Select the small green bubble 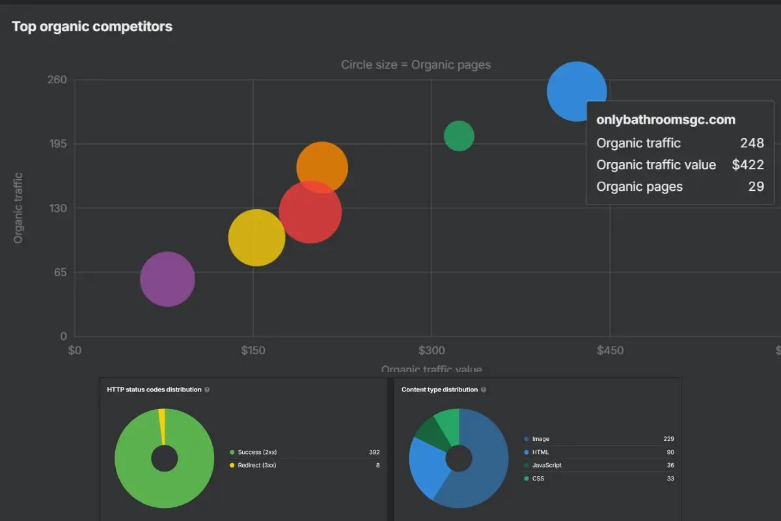tap(459, 136)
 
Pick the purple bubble tap(167, 279)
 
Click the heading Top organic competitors tap(92, 27)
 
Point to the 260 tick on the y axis tap(57, 80)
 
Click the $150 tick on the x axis tap(253, 350)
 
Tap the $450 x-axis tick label tap(609, 350)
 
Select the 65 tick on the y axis tap(60, 272)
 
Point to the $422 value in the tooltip tap(747, 165)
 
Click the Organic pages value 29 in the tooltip tap(756, 186)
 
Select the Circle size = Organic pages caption tap(416, 64)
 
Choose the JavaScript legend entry tap(546, 465)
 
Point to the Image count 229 tap(668, 439)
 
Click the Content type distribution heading tap(439, 389)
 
